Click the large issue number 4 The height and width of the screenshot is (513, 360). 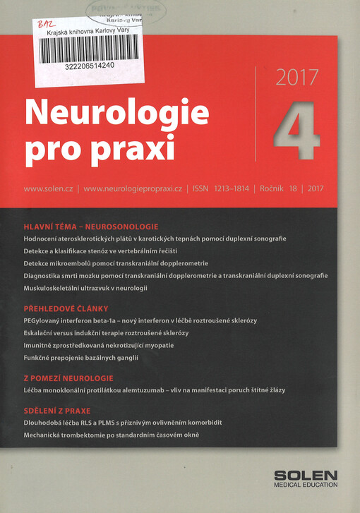tap(295, 131)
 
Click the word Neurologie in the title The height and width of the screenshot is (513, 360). tap(116, 113)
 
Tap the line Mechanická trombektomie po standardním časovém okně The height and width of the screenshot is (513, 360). tap(112, 435)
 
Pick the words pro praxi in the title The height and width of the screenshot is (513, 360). tap(100, 148)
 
